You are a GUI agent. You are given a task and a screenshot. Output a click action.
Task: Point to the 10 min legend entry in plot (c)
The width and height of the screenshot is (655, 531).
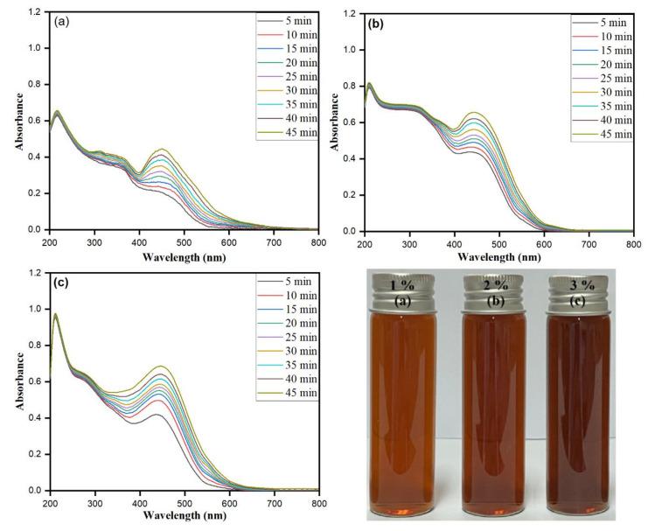(289, 296)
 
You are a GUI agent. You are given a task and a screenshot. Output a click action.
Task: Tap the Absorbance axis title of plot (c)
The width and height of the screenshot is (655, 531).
(17, 381)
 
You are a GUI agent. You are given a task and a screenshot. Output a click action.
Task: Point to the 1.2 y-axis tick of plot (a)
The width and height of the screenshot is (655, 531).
(32, 13)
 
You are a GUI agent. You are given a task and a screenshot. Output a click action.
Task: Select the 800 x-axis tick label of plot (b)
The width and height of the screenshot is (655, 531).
(632, 243)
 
